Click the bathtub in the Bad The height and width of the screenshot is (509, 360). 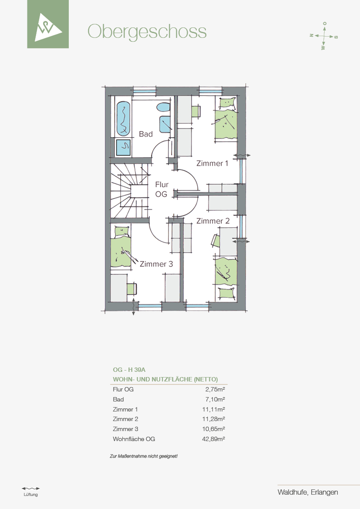pyautogui.click(x=123, y=118)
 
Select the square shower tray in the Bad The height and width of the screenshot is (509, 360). pyautogui.click(x=123, y=147)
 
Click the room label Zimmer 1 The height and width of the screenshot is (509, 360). pyautogui.click(x=212, y=163)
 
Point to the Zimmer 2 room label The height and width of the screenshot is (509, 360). pyautogui.click(x=213, y=221)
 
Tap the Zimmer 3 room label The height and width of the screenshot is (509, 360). pyautogui.click(x=156, y=264)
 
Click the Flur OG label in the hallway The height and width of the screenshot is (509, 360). pyautogui.click(x=161, y=189)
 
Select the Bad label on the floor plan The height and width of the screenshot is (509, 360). pyautogui.click(x=146, y=134)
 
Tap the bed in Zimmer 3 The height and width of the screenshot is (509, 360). pyautogui.click(x=121, y=247)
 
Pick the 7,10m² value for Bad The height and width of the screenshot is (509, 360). pyautogui.click(x=215, y=399)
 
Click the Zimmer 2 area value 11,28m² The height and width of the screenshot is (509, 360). pyautogui.click(x=214, y=419)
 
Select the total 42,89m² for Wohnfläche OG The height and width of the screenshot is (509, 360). pyautogui.click(x=214, y=439)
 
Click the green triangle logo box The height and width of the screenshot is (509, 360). pyautogui.click(x=48, y=24)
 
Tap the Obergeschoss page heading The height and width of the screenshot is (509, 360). pyautogui.click(x=147, y=32)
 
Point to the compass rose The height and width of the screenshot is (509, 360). pyautogui.click(x=323, y=36)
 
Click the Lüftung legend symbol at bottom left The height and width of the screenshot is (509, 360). pyautogui.click(x=31, y=488)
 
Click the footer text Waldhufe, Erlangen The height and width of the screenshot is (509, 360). pyautogui.click(x=308, y=492)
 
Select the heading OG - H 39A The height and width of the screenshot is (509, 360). pyautogui.click(x=129, y=370)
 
